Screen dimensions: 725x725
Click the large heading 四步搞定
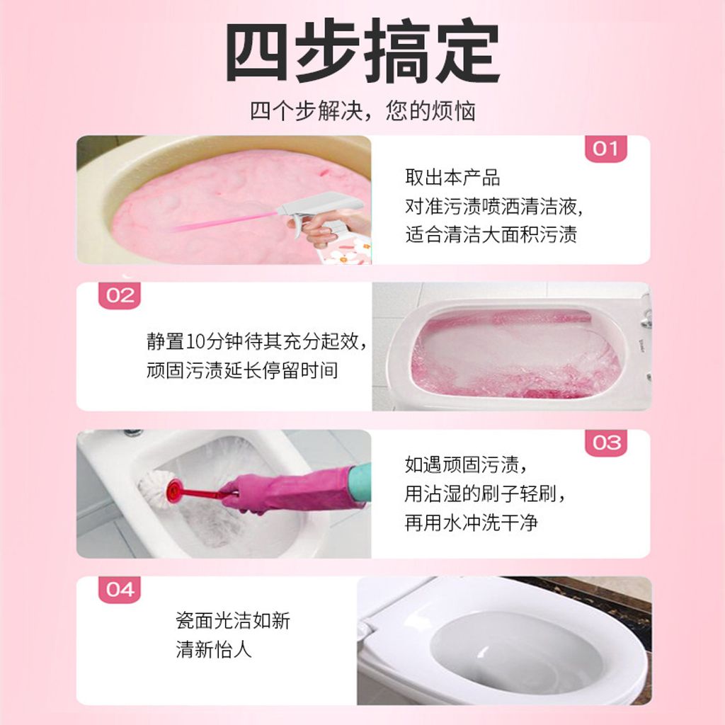point(362,51)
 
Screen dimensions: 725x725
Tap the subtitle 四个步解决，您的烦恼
point(362,111)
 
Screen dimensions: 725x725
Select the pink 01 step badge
point(606,149)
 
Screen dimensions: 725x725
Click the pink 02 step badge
point(120,295)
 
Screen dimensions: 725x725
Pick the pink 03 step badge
point(606,443)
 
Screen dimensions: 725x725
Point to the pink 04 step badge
point(120,590)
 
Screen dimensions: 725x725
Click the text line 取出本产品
point(452,178)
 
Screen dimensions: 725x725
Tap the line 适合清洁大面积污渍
point(491,234)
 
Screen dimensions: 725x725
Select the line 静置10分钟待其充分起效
point(257,341)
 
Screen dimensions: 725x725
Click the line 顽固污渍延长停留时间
point(242,370)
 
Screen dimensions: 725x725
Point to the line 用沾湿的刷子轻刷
point(485,493)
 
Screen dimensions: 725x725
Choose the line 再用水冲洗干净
point(471,523)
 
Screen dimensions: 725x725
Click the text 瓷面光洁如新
point(232,620)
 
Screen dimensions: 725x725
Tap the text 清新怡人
point(214,650)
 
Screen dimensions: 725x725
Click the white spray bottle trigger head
point(319,206)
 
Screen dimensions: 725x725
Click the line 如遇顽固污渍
point(466,464)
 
